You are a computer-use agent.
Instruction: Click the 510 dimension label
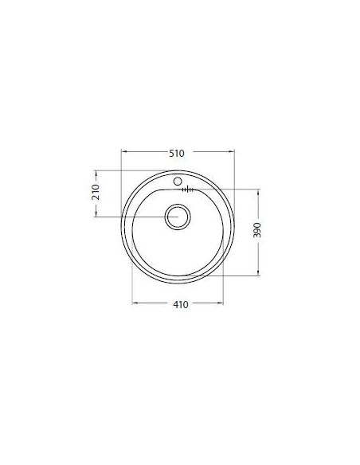pos(177,154)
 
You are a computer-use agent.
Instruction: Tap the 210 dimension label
pos(96,192)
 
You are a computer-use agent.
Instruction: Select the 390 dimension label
pos(257,230)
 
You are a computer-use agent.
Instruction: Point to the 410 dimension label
pos(181,305)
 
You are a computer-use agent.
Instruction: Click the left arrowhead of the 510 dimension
pos(124,151)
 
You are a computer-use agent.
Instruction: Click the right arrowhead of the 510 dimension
pos(232,151)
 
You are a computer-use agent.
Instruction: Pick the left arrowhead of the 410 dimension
pos(135,303)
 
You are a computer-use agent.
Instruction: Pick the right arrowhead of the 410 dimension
pos(220,303)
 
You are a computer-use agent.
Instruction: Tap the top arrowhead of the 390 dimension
pos(258,192)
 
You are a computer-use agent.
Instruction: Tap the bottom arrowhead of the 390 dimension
pos(258,272)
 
